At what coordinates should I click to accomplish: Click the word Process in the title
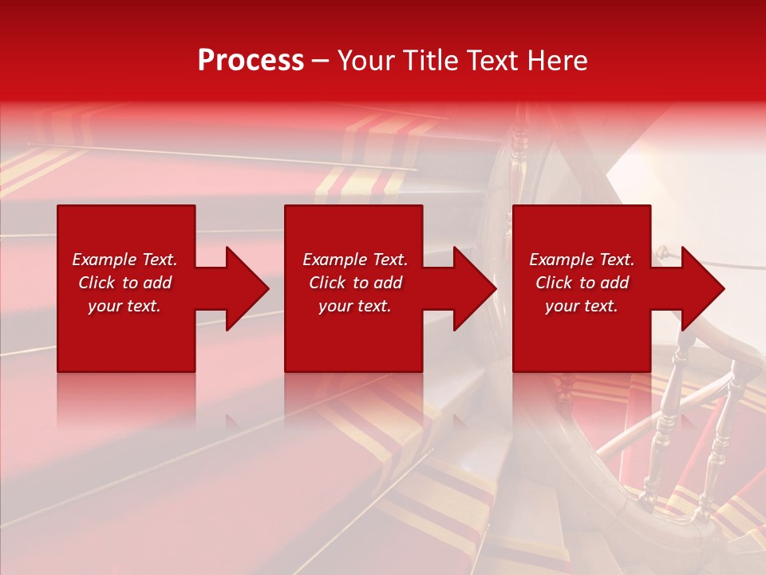tap(251, 61)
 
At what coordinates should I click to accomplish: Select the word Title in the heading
tap(429, 61)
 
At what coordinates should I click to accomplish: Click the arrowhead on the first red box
tap(243, 288)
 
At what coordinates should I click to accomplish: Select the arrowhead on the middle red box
tap(471, 288)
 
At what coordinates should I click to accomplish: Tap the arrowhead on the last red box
tap(699, 288)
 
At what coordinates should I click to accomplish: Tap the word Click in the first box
tap(97, 283)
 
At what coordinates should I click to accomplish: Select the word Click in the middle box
tap(327, 283)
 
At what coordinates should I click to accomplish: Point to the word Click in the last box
tap(554, 283)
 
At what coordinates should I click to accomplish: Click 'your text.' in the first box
tap(124, 306)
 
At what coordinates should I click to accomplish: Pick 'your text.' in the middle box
tap(355, 306)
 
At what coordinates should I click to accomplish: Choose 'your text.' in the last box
tap(582, 306)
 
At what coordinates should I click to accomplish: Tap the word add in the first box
tap(157, 283)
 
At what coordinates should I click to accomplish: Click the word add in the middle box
tap(388, 283)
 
